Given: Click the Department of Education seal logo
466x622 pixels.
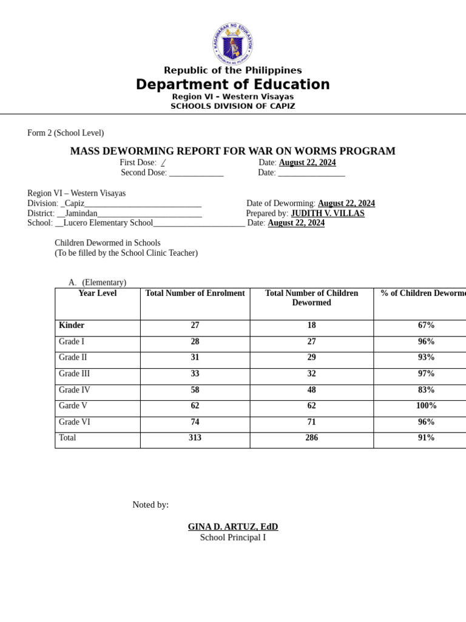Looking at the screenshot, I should click(x=232, y=44).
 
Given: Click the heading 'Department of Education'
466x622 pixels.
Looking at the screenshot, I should click(x=232, y=84).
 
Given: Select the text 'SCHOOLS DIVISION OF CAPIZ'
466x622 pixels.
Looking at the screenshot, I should click(x=232, y=106).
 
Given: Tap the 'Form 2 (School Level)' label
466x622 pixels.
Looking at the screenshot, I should click(x=66, y=133).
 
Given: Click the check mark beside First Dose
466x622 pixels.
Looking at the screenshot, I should click(x=163, y=163).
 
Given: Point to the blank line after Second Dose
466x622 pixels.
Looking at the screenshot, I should click(x=196, y=173).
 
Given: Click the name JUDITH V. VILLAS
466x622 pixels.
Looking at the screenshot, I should click(x=328, y=214).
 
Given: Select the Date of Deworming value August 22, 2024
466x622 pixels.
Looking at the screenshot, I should click(x=346, y=203).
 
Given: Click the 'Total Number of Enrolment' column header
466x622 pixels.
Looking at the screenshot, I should click(x=195, y=293).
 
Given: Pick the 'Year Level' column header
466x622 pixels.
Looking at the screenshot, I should click(x=97, y=293).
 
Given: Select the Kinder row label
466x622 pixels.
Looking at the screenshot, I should click(x=72, y=326).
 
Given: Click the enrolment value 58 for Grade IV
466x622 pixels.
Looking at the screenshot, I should click(x=195, y=390).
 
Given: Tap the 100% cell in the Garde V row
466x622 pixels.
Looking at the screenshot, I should click(x=426, y=406).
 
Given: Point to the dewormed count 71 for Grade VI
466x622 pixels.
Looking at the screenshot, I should click(x=311, y=422).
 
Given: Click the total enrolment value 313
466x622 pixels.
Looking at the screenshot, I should click(x=195, y=438).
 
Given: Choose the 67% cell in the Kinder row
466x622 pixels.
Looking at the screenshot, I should click(x=426, y=326).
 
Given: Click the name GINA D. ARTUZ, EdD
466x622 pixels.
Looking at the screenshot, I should click(x=233, y=527).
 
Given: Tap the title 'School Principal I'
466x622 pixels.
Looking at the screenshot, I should click(x=233, y=538).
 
